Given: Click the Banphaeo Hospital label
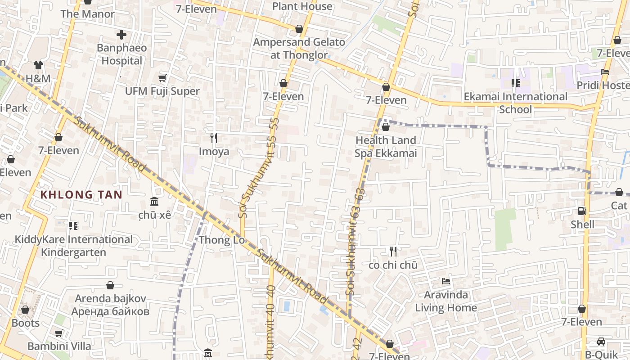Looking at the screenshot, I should (x=121, y=54).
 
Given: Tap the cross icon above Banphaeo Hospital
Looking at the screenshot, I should (x=121, y=34).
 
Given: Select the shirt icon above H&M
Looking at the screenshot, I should (x=38, y=66).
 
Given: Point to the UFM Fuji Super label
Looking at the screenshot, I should (x=162, y=91).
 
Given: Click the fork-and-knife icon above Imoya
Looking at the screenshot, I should (x=214, y=138).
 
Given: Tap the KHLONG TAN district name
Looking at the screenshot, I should (x=81, y=195).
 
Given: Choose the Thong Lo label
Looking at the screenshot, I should (x=221, y=240).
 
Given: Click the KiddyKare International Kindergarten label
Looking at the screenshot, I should (x=74, y=246).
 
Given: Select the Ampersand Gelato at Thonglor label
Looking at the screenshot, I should (x=299, y=49).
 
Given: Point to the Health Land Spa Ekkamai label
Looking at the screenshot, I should (x=386, y=147).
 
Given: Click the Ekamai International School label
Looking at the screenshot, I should (x=516, y=103).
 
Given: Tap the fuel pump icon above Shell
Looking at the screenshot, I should (x=582, y=211).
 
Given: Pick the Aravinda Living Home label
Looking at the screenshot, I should (x=446, y=301).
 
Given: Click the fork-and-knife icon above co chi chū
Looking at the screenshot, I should (x=393, y=252).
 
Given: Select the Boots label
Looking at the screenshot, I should (x=26, y=323).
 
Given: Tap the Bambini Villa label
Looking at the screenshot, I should (x=59, y=346).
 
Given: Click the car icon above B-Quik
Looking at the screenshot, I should (x=601, y=342).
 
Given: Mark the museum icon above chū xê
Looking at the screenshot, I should (x=154, y=201).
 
